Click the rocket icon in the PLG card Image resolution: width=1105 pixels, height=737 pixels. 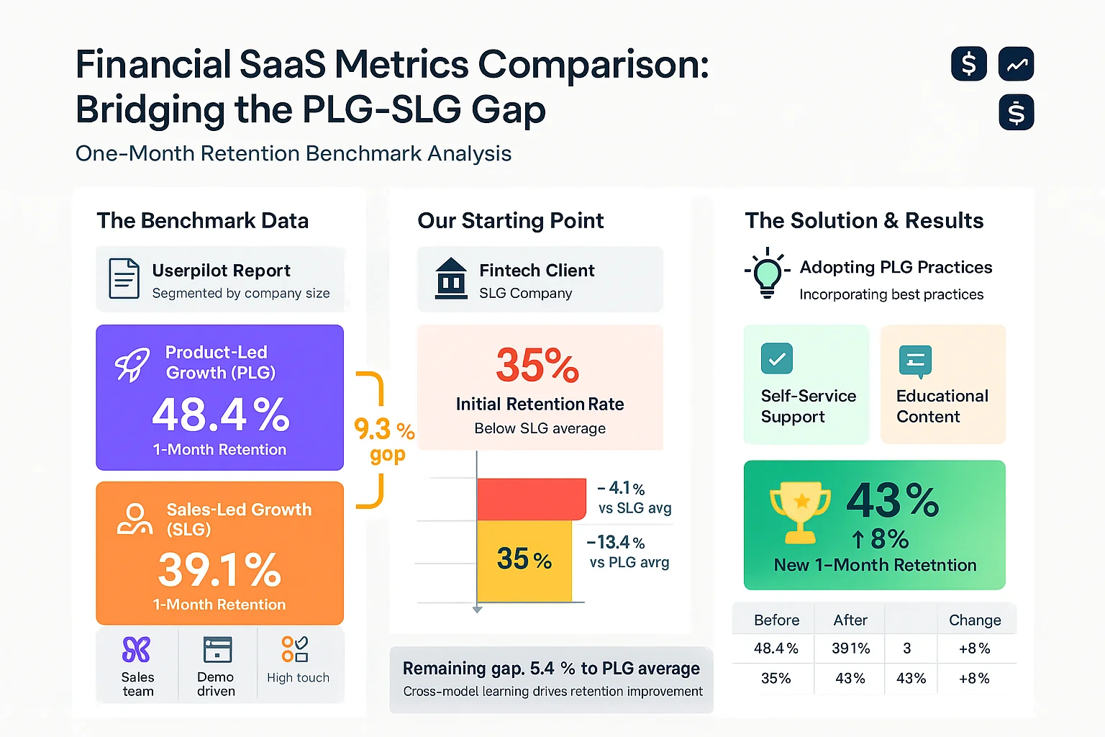tap(132, 364)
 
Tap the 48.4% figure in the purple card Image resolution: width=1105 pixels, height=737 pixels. tap(220, 415)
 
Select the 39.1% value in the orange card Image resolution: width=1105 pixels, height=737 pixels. tap(219, 570)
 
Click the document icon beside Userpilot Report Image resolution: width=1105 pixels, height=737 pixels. tap(124, 279)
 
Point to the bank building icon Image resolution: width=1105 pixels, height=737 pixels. tap(451, 279)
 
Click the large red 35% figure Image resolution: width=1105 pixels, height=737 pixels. tap(537, 366)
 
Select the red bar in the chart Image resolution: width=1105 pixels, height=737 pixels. tap(531, 499)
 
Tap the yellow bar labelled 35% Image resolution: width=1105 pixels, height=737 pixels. tap(524, 560)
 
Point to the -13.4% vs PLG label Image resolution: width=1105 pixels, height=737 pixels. tap(628, 552)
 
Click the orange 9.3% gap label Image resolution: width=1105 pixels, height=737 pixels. tap(384, 440)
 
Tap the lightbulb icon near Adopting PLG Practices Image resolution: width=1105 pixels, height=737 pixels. tap(767, 273)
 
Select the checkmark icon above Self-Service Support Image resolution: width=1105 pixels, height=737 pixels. tap(776, 358)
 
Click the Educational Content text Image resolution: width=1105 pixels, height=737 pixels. tap(942, 407)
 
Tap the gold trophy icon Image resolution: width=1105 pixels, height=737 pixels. tap(799, 512)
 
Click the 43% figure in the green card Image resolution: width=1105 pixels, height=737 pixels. tap(893, 500)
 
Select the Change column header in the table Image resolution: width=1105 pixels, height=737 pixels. tap(975, 620)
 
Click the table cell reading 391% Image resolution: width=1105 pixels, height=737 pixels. tap(850, 648)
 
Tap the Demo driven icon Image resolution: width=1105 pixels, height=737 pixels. tap(217, 649)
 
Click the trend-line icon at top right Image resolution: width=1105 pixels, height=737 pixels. tap(1016, 65)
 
